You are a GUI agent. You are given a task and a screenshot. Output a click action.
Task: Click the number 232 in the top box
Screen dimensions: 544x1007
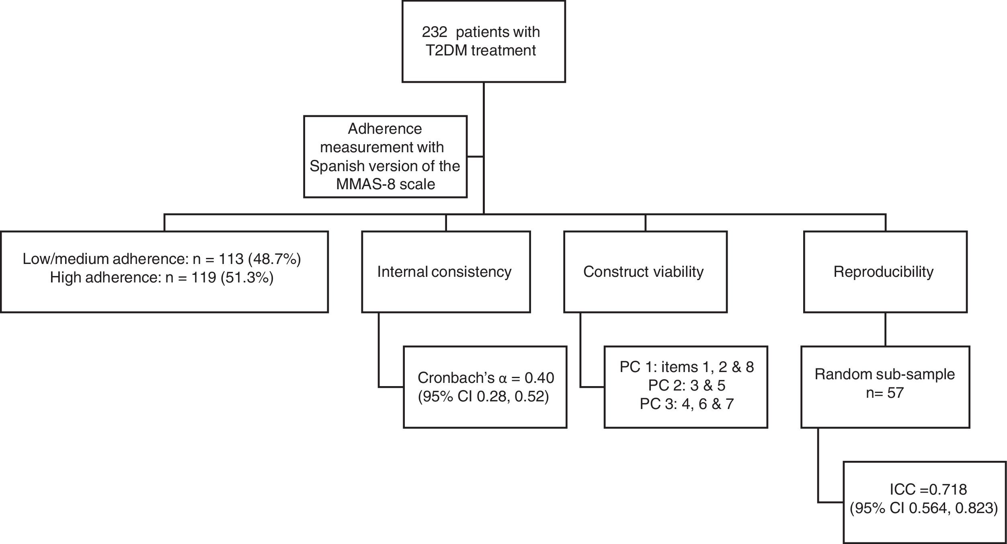[435, 32]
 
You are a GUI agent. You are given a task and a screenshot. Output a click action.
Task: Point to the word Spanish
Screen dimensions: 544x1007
[336, 166]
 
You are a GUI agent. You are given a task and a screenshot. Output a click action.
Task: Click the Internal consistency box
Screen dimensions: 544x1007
[445, 272]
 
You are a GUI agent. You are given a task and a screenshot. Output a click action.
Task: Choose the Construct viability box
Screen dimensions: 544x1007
[645, 272]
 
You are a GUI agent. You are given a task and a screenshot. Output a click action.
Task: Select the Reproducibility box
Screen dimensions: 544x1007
[884, 272]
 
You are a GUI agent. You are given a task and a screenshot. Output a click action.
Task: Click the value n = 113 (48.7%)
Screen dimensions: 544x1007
[247, 259]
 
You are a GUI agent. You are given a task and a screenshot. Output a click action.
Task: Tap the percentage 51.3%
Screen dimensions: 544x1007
[247, 278]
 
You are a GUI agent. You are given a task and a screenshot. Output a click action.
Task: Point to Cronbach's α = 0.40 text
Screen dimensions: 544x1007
[486, 378]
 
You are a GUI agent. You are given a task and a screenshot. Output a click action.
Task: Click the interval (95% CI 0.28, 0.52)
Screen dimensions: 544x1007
[483, 397]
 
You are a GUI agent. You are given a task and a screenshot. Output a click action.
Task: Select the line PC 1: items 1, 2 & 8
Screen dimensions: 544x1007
[687, 367]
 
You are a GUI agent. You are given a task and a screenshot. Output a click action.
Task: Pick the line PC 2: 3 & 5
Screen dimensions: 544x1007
[687, 385]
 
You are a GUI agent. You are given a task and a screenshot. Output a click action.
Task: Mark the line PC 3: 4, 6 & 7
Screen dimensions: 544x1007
[687, 404]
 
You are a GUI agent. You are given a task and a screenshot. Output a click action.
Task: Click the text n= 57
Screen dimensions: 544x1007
[885, 393]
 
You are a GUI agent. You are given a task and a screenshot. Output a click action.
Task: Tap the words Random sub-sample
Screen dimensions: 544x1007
[884, 374]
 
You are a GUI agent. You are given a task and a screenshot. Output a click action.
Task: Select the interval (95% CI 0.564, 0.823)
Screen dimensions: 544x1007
[924, 508]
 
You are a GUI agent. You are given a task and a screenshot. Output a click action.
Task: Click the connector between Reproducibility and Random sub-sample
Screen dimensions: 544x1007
[886, 329]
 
